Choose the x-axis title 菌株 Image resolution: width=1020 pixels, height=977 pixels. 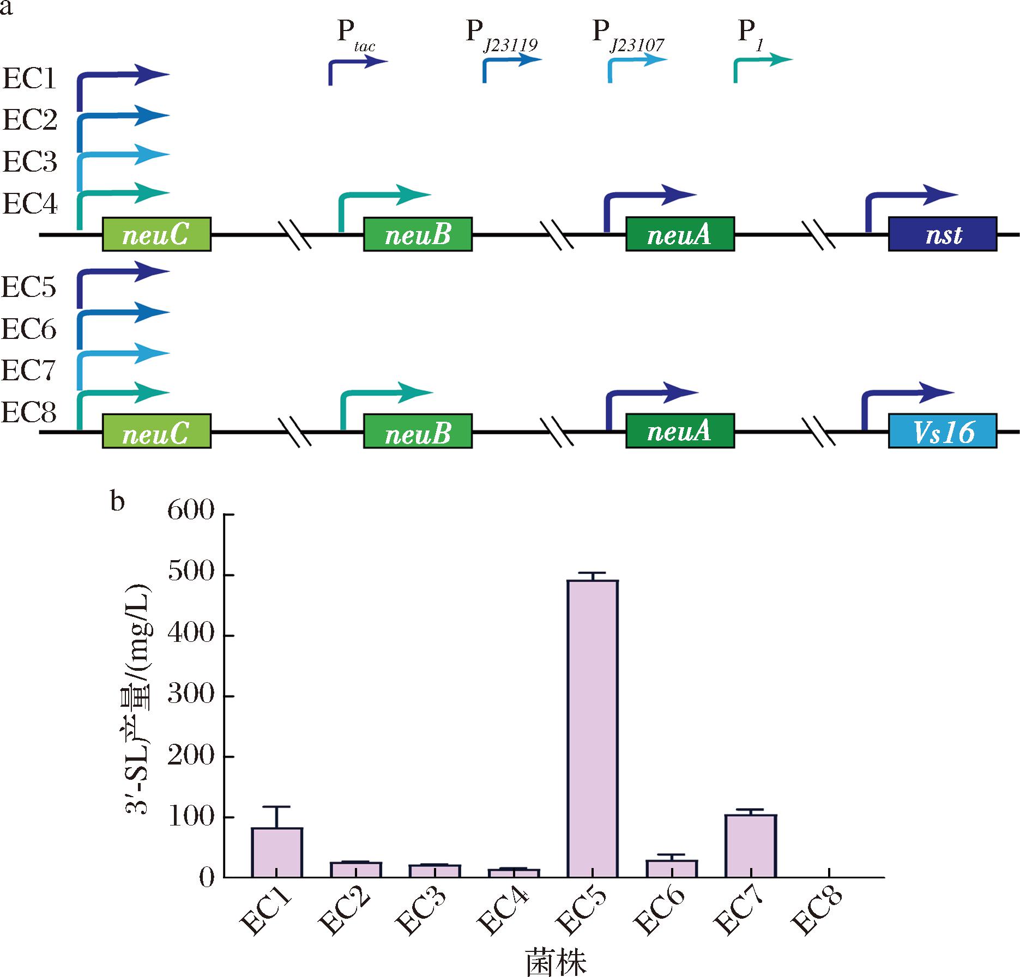click(556, 962)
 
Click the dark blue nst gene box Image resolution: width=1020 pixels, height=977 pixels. click(943, 234)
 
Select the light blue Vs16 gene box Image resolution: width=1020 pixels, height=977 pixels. click(943, 432)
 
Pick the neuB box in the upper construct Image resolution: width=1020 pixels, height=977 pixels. click(418, 234)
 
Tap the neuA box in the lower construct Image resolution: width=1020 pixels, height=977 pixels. click(680, 432)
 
